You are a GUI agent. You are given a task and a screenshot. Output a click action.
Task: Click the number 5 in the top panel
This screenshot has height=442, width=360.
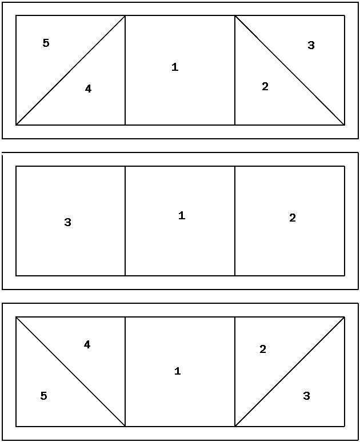[x=46, y=43]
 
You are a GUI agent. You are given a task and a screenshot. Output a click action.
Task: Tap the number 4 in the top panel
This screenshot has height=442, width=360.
[x=88, y=89]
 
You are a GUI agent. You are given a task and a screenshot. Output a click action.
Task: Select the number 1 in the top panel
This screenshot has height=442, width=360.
[x=175, y=67]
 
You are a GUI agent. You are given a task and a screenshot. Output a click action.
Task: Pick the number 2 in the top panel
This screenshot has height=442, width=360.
[x=265, y=86]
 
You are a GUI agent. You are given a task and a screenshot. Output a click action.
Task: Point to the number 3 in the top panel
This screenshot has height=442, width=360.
[x=311, y=45]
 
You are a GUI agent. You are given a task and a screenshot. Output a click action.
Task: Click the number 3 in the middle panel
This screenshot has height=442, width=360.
[x=67, y=222]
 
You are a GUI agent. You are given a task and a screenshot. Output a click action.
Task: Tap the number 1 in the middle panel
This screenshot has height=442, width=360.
[x=182, y=215]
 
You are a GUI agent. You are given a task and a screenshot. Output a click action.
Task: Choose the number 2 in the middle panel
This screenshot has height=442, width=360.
[x=293, y=218]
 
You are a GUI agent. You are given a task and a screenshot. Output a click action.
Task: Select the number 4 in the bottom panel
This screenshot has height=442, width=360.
[x=87, y=344]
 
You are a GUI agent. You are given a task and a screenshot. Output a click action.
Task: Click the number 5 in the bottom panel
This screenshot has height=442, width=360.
[x=44, y=396]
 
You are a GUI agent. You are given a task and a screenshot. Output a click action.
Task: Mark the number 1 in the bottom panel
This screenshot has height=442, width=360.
[x=178, y=371]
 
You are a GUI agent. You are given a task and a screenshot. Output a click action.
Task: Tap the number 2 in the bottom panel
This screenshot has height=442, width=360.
[x=263, y=349]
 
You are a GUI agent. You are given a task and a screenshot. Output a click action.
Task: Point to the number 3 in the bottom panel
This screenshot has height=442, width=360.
[x=306, y=396]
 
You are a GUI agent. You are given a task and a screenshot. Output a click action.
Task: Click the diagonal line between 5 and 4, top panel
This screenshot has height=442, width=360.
[x=70, y=70]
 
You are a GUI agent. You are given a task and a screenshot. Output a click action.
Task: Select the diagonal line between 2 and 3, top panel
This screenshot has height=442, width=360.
[x=290, y=70]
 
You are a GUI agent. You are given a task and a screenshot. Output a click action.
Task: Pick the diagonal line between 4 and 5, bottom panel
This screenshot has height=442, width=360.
[x=70, y=372]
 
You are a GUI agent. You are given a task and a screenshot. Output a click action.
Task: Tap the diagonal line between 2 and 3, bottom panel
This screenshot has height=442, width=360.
[x=290, y=372]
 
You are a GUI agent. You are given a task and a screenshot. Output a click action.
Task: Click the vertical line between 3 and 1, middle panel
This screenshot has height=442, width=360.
[x=125, y=221]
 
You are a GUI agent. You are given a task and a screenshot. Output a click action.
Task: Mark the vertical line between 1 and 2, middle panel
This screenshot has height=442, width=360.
[x=235, y=221]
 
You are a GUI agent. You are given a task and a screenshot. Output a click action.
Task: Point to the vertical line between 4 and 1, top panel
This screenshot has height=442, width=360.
[x=125, y=70]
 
